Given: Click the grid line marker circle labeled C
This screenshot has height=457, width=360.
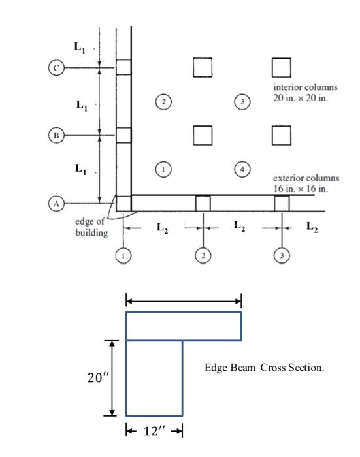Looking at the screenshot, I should [x=56, y=67].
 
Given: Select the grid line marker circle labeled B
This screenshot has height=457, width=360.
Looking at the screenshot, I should [x=56, y=135].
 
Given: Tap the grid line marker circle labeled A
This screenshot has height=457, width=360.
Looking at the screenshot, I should [x=56, y=204].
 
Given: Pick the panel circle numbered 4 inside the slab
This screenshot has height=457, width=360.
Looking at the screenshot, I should [x=242, y=169].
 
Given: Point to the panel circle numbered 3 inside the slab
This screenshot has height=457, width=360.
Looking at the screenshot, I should [x=242, y=101].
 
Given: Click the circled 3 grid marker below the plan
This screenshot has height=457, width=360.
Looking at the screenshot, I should [x=282, y=256].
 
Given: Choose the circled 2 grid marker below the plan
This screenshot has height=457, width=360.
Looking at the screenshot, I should [x=203, y=256].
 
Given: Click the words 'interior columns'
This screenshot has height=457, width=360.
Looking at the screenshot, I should [x=306, y=87].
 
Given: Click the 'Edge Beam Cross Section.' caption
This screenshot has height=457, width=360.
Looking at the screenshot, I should [x=264, y=368].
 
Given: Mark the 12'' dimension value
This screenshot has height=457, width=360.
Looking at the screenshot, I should [x=154, y=432].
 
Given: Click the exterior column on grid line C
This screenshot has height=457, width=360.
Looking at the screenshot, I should [x=123, y=67].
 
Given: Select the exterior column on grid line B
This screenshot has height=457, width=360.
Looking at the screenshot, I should [x=123, y=135].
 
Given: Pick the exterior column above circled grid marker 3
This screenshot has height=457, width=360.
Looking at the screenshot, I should [x=282, y=203].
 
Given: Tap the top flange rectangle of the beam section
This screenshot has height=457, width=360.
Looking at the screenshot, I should [x=184, y=326].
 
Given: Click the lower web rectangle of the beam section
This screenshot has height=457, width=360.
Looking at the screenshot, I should [x=154, y=378].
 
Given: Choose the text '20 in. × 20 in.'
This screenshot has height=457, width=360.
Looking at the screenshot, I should [x=300, y=98].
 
